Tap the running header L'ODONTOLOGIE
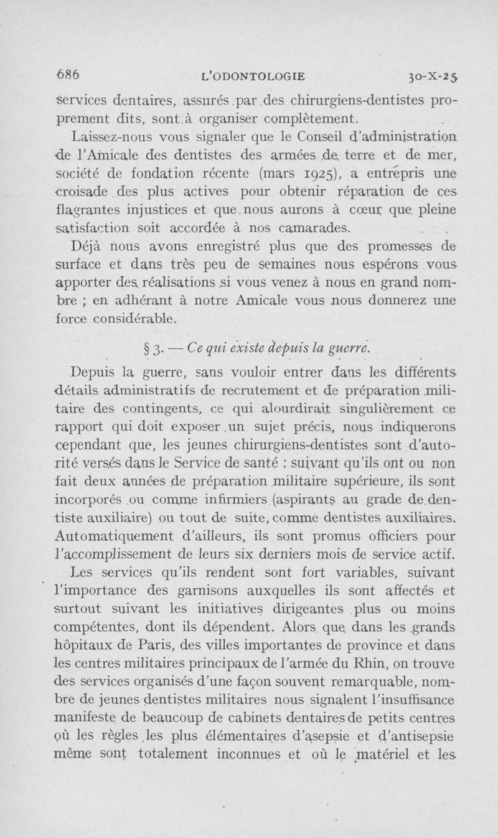tap(254, 77)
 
